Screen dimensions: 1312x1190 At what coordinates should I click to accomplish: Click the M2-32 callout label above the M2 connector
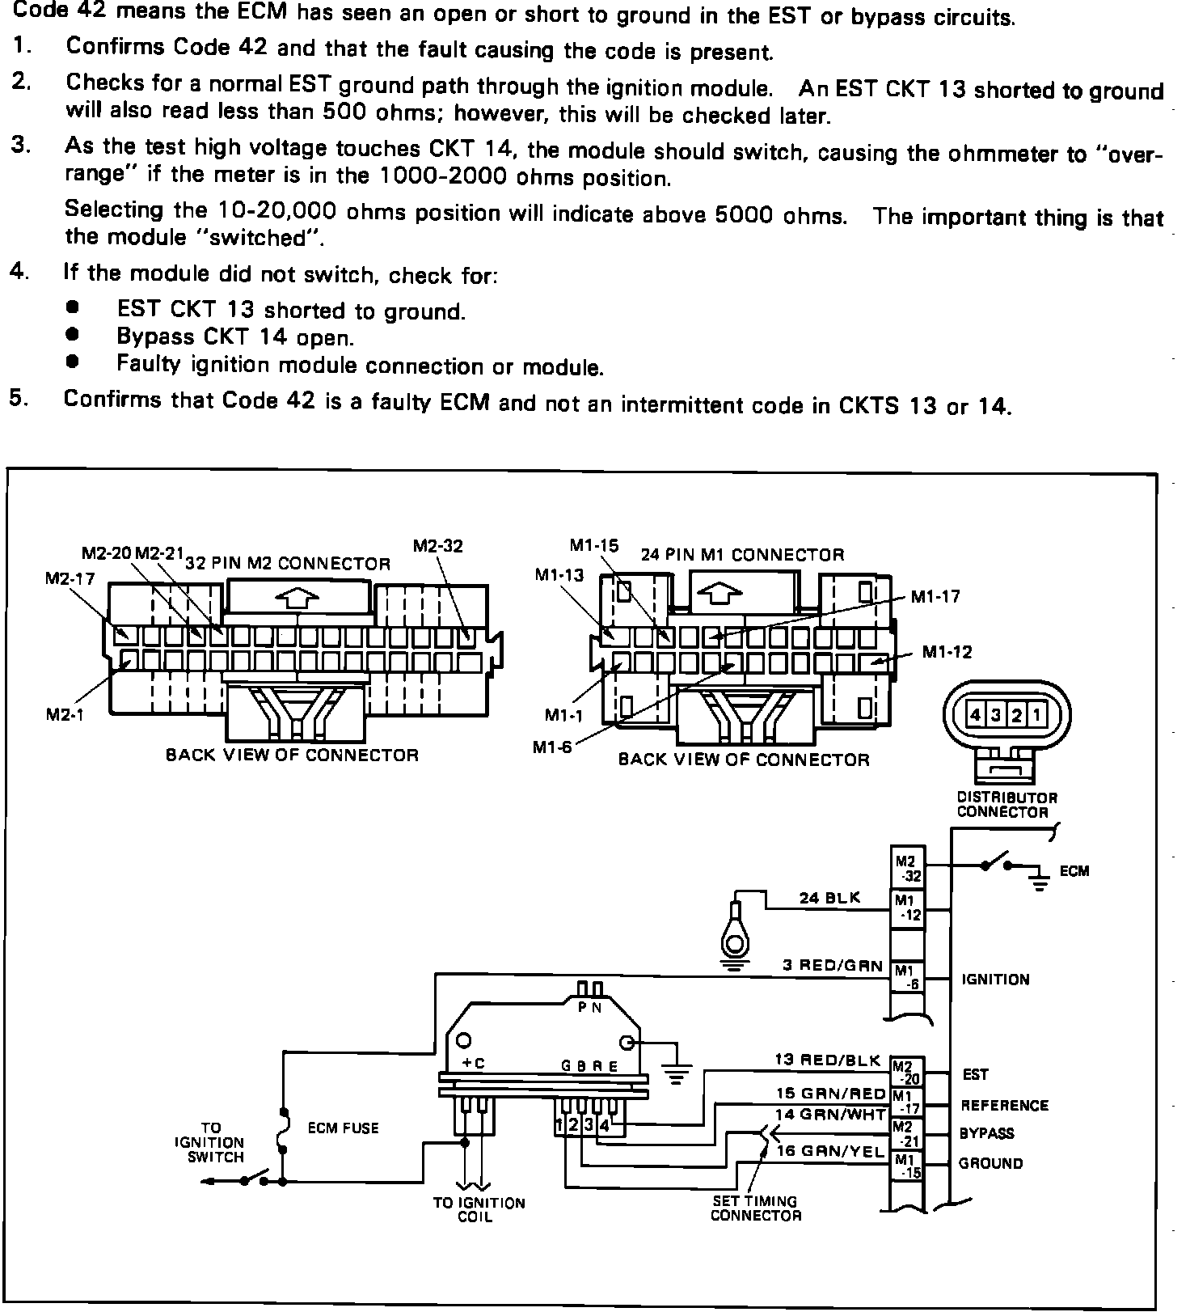437,546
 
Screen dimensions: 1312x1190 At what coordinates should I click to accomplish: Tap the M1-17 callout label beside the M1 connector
935,597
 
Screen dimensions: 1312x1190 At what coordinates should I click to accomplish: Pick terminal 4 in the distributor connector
976,715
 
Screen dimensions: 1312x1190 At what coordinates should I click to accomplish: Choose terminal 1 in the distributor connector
1036,715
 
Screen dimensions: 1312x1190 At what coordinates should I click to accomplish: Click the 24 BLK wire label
829,898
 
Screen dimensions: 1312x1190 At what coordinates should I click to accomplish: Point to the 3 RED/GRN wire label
832,965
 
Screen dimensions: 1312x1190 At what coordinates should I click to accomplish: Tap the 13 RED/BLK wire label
827,1060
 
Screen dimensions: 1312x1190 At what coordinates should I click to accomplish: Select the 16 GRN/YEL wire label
830,1151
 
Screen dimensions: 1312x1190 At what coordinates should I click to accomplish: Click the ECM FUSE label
343,1128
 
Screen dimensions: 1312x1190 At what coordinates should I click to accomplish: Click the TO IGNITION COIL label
479,1209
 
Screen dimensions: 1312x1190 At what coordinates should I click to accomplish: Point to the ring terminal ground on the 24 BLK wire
734,938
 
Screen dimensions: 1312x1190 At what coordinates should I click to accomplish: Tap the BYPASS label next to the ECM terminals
986,1133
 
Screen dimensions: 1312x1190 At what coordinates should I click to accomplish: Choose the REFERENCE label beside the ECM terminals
1004,1105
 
